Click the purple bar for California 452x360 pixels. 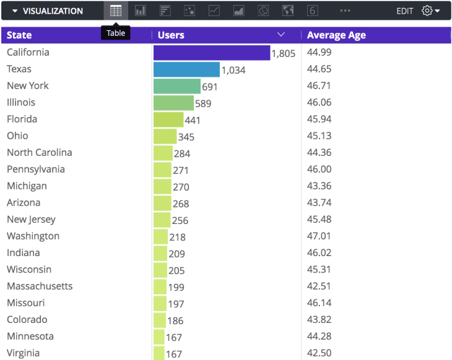[x=211, y=53]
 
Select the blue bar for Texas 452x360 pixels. [x=186, y=70]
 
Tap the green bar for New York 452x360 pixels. [x=177, y=87]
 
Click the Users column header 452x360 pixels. [x=172, y=35]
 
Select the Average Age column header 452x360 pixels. [x=336, y=35]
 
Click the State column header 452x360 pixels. [x=19, y=35]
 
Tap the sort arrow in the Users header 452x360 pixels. [x=281, y=35]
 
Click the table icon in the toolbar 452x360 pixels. [x=116, y=11]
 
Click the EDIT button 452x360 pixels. [x=405, y=11]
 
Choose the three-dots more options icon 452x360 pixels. [x=345, y=11]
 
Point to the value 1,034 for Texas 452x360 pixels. [x=233, y=71]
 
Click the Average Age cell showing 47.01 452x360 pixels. [x=319, y=236]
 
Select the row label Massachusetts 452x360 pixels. [x=40, y=286]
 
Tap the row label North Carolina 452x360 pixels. [x=40, y=152]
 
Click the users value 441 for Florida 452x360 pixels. [x=193, y=121]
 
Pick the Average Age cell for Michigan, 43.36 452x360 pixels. [x=319, y=186]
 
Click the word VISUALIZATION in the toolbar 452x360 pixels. [x=53, y=11]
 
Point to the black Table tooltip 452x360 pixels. [x=116, y=33]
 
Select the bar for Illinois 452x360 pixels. [x=173, y=103]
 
